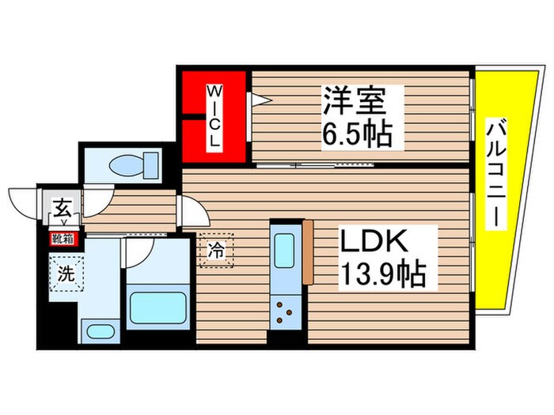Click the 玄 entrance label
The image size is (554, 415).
[x=61, y=209]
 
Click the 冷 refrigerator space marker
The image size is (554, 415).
[x=215, y=251]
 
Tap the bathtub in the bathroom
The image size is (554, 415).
[x=158, y=305]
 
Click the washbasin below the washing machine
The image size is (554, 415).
[x=98, y=331]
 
